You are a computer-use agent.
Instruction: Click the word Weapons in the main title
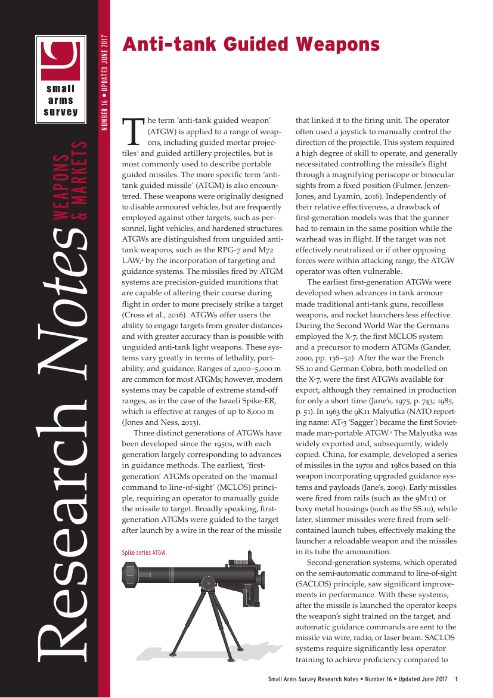(338, 44)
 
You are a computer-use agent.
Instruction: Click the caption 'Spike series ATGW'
(143, 552)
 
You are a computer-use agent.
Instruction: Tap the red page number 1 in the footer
(456, 680)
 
